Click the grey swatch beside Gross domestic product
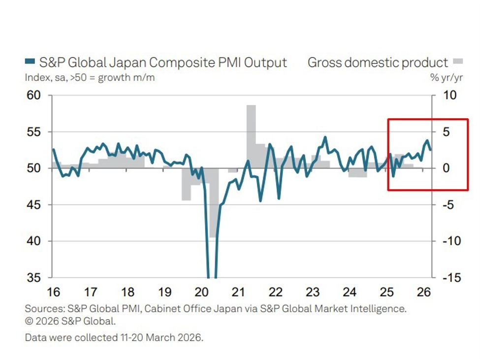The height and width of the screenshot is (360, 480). [458, 62]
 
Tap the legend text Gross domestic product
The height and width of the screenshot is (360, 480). [378, 63]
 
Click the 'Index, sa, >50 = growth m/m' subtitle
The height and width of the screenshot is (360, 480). [90, 78]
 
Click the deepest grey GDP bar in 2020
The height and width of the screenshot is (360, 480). [213, 202]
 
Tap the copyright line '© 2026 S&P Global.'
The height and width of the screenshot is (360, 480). [70, 322]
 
